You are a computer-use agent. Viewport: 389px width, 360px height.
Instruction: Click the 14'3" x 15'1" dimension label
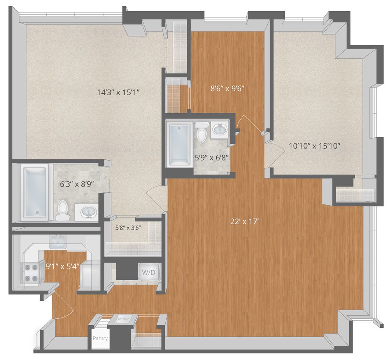pos(118,93)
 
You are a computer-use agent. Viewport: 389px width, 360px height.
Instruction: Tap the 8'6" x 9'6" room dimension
pos(227,88)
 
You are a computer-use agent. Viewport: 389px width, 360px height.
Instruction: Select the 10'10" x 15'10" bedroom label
pos(315,146)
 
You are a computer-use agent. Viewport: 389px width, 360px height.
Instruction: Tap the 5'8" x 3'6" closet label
pos(127,228)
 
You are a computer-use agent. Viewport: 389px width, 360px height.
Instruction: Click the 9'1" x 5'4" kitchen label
pos(63,267)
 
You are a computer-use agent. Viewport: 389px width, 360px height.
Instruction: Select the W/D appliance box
pos(148,273)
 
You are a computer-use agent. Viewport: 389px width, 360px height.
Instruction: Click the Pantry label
pos(100,338)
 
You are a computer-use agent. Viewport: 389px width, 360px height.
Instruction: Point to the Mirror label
pos(127,319)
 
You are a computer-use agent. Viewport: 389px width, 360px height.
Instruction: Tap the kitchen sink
pos(58,243)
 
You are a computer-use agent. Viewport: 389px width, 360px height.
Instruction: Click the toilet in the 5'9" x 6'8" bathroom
pos(202,132)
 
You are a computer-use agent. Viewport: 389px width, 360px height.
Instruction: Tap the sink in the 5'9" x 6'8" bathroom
pos(221,130)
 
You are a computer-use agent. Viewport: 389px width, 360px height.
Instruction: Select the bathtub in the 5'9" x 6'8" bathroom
pos(179,143)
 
